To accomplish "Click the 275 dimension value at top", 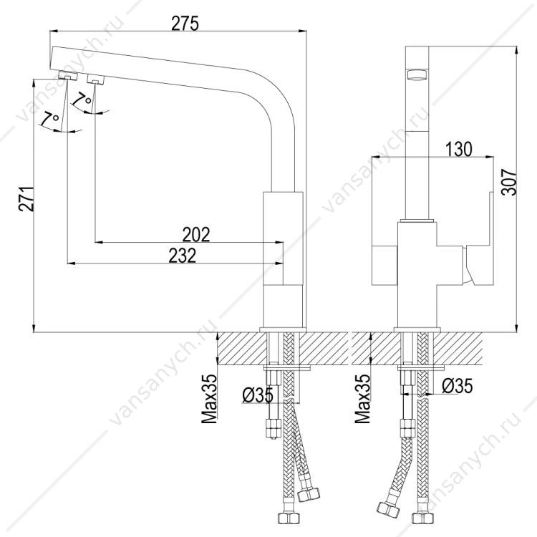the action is point(185,24).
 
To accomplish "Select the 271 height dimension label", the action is point(26,199).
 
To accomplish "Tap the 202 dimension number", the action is point(196,235).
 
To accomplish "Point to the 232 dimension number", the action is point(182,256).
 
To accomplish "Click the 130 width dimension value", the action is point(458,149).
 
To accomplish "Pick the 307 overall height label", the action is point(509,182).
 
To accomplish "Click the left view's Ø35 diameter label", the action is point(258,395).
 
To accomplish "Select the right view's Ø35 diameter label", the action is point(457,386).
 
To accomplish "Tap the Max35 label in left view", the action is point(209,398).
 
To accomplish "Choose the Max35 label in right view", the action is point(363,398).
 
